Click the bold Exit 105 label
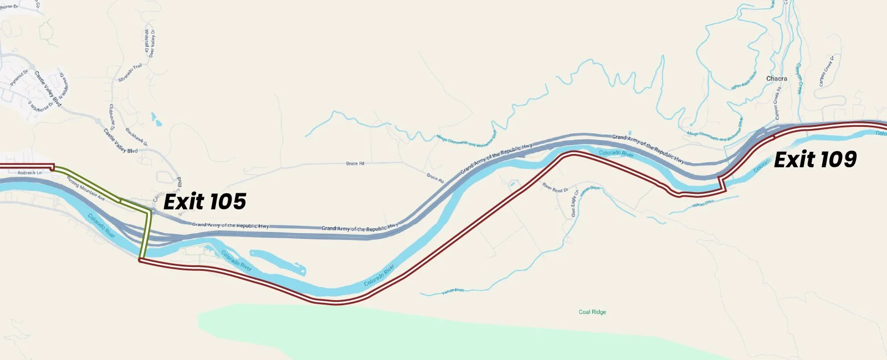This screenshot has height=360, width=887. [x=204, y=202]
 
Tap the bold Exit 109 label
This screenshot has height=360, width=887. [x=815, y=160]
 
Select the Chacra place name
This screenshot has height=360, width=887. [x=776, y=79]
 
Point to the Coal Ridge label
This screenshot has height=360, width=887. [x=592, y=312]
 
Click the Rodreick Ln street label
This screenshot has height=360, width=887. [x=29, y=173]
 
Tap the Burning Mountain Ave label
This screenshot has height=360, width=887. [x=85, y=187]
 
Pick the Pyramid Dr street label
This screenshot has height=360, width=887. [x=19, y=78]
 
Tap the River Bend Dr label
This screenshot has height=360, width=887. [x=555, y=188]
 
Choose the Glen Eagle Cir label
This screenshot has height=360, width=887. [x=574, y=204]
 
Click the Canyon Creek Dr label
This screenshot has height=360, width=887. [x=827, y=71]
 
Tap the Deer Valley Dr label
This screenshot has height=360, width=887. [x=152, y=43]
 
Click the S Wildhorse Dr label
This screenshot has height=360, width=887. [x=41, y=104]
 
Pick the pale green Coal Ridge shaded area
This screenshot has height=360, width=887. [x=443, y=332]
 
